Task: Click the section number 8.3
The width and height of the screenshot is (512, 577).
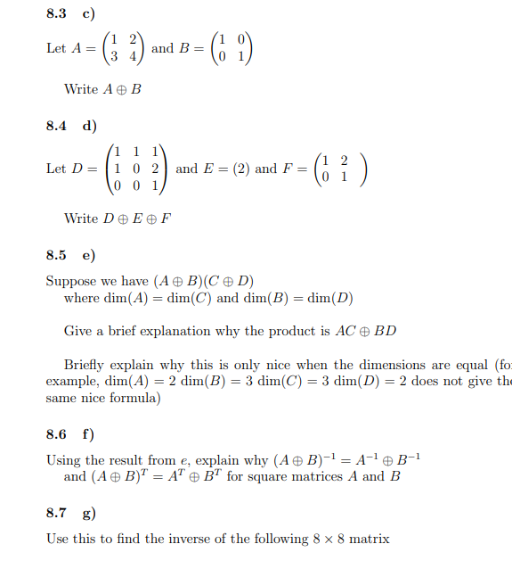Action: tap(56, 13)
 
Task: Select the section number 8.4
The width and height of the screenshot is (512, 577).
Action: tap(56, 126)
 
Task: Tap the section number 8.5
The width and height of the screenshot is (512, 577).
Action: tap(56, 255)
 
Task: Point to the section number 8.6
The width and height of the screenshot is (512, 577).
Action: tap(56, 434)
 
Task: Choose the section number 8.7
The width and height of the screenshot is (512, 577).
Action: tap(56, 513)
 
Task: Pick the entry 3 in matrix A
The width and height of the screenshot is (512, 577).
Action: tap(113, 56)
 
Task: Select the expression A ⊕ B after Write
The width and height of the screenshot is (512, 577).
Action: tap(123, 89)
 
